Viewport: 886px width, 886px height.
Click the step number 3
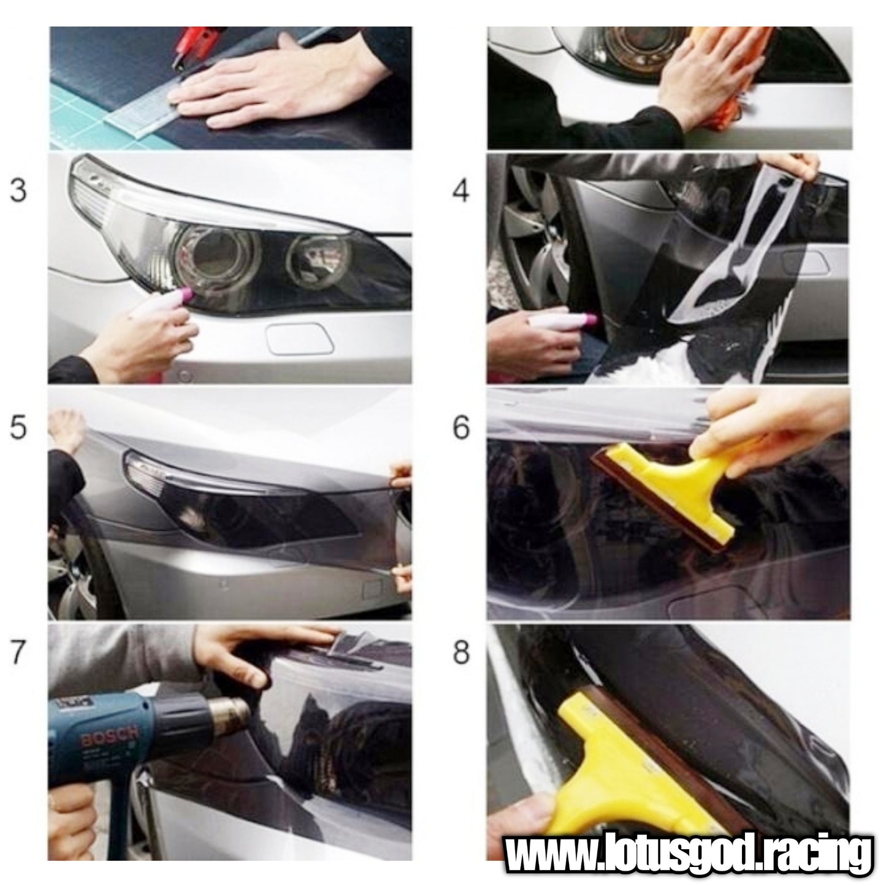18,190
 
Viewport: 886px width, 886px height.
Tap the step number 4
461,190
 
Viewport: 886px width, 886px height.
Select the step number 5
18,427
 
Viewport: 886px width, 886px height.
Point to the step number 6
461,427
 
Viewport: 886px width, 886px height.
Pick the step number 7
18,652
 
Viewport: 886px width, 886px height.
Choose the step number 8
461,652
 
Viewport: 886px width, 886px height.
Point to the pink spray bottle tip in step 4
589,319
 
